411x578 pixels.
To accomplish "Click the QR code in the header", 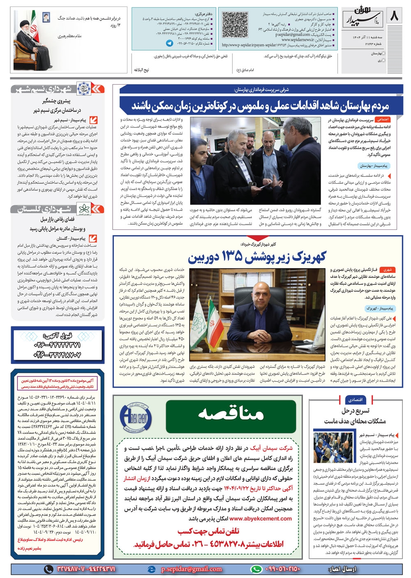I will (233, 25).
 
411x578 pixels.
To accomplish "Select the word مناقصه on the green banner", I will (231, 413).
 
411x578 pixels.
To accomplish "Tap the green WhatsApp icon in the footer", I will (256, 569).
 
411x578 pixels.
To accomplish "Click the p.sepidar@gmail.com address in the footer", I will (192, 569).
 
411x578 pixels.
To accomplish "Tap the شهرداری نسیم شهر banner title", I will (51, 88).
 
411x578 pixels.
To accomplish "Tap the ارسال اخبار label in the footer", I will (342, 569).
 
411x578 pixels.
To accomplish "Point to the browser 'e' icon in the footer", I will (152, 569).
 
